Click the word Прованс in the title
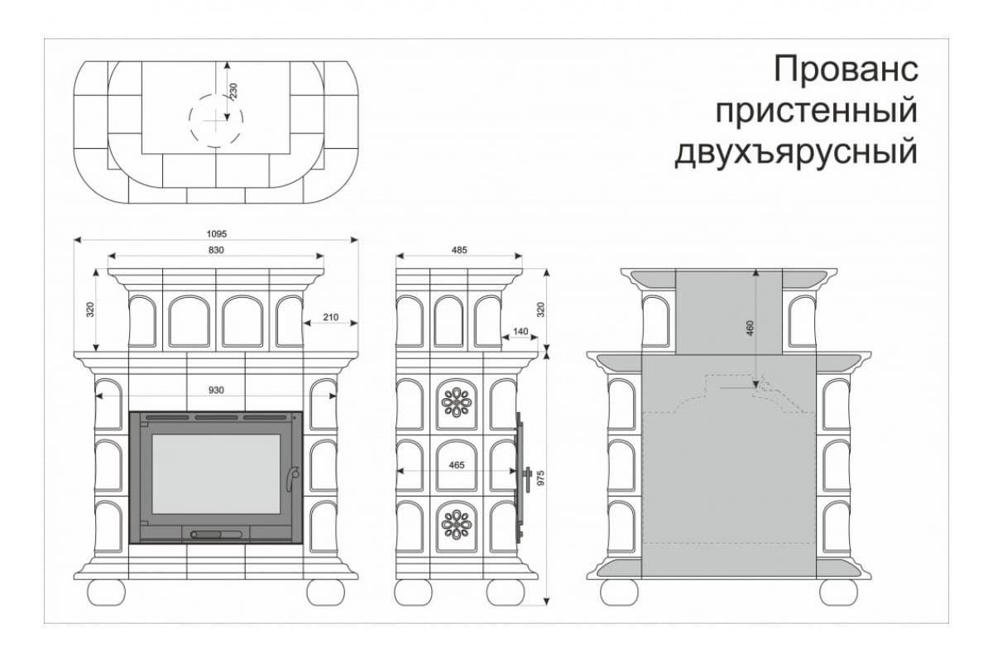[846, 70]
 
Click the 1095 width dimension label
[216, 233]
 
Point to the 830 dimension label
[216, 250]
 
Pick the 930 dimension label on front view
[216, 391]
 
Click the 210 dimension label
[331, 317]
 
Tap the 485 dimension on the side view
[459, 250]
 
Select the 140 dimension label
[520, 331]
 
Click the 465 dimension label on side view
[457, 465]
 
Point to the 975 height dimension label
[540, 478]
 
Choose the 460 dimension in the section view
[750, 328]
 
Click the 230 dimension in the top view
[233, 90]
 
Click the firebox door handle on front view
[291, 479]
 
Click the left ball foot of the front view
[107, 592]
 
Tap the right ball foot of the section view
[838, 592]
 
